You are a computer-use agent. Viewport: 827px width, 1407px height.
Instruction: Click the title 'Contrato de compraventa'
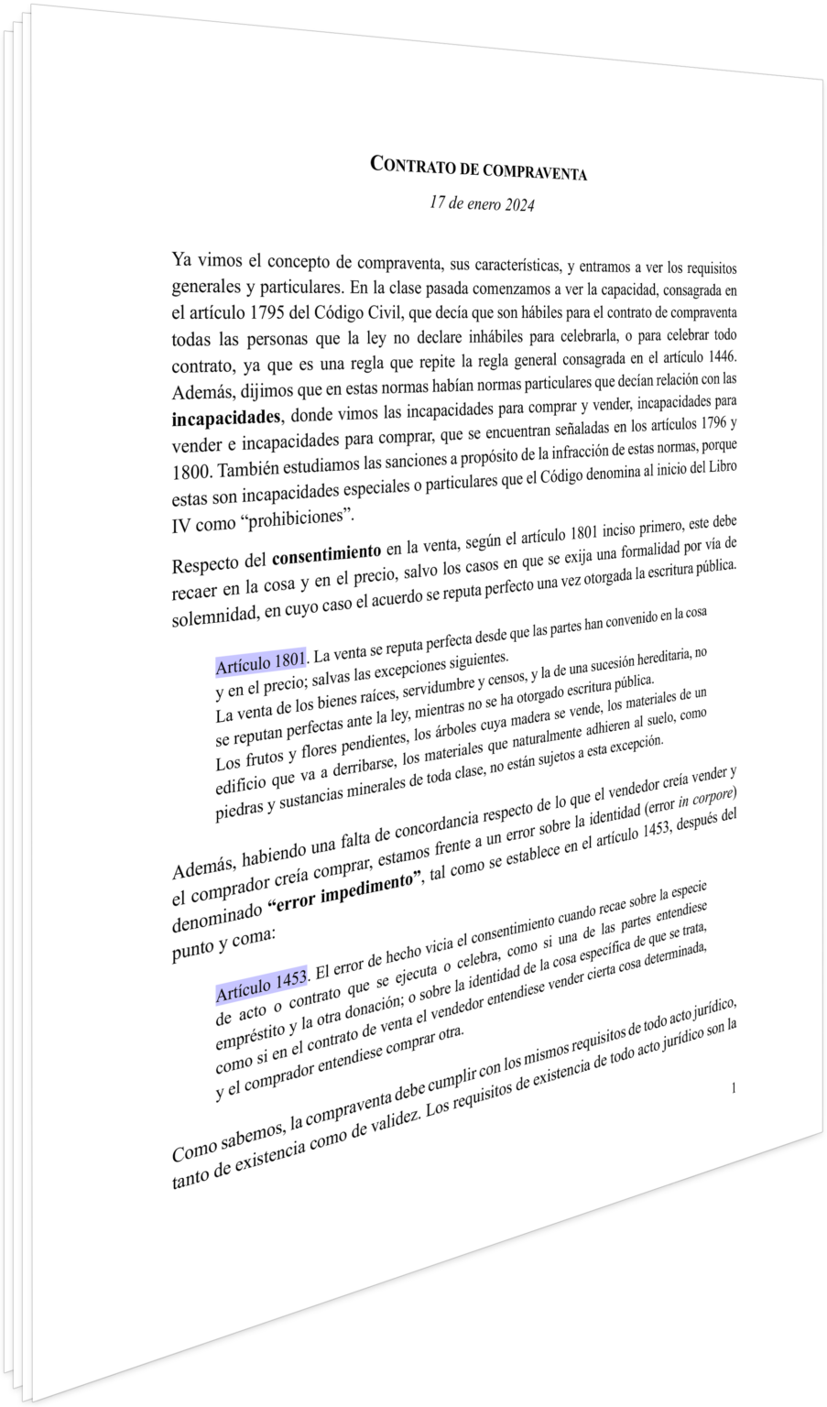coord(477,168)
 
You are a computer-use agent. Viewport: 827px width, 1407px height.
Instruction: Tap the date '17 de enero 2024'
coord(482,202)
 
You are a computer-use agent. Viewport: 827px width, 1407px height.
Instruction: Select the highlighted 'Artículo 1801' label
coord(260,660)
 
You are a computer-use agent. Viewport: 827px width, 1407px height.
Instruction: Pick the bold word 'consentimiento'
coord(327,554)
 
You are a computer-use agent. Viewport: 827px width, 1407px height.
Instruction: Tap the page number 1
coord(735,1087)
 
